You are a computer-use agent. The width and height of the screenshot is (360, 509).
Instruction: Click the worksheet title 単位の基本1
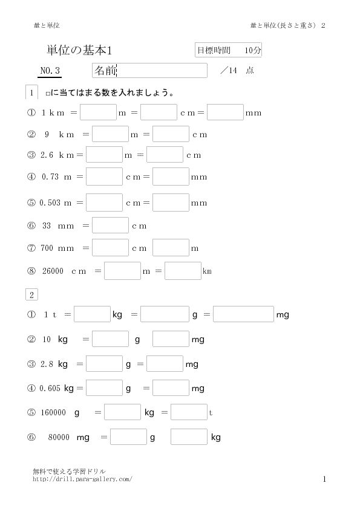click(79, 50)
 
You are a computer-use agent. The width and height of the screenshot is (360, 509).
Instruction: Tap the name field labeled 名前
click(149, 71)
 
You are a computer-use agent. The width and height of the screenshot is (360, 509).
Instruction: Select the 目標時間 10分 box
click(229, 50)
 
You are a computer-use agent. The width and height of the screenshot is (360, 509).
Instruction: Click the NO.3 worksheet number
click(50, 71)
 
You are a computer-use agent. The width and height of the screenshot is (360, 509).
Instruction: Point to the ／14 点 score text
click(237, 71)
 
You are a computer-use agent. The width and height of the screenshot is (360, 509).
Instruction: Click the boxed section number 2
click(31, 295)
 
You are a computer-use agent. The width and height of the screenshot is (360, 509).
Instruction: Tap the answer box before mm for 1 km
click(225, 112)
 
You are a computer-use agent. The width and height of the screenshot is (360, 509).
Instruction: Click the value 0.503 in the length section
click(50, 203)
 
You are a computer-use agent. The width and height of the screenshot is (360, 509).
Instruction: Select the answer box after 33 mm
click(110, 225)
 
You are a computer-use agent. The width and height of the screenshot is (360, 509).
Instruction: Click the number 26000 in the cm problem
click(53, 271)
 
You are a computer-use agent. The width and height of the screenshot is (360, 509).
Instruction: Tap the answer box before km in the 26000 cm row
click(183, 271)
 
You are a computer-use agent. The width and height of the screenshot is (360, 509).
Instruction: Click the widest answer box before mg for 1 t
click(243, 314)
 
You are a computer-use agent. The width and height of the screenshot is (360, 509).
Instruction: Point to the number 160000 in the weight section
click(53, 413)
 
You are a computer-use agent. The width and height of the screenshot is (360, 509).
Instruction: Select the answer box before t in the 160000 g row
click(189, 412)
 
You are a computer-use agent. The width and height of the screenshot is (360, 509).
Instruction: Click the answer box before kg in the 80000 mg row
click(189, 436)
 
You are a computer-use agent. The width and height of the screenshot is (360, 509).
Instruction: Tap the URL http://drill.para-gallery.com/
click(82, 479)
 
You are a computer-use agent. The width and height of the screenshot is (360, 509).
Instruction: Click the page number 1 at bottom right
click(324, 479)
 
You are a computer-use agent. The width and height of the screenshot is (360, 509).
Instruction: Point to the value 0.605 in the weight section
click(50, 388)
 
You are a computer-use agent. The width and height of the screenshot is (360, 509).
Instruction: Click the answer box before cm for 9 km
click(171, 134)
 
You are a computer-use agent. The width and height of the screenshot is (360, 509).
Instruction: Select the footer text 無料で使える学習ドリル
click(69, 471)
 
